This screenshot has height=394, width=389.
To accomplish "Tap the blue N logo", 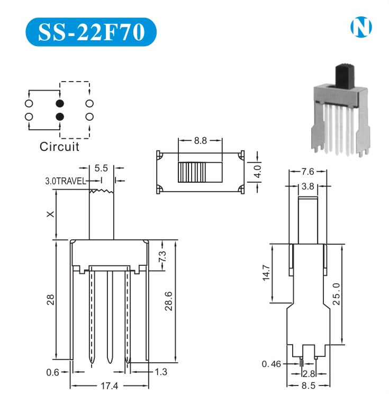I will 361,28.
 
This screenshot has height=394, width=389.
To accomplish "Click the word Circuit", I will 59,147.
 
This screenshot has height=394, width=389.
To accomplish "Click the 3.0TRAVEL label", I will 66,181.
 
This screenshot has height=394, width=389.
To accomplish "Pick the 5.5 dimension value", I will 101,168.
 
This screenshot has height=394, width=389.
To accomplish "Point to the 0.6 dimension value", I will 52,372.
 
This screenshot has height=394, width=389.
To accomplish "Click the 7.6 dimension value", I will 307,171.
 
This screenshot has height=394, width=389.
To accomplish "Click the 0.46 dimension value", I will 272,364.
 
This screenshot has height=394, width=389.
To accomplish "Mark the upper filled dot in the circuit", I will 59,103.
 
